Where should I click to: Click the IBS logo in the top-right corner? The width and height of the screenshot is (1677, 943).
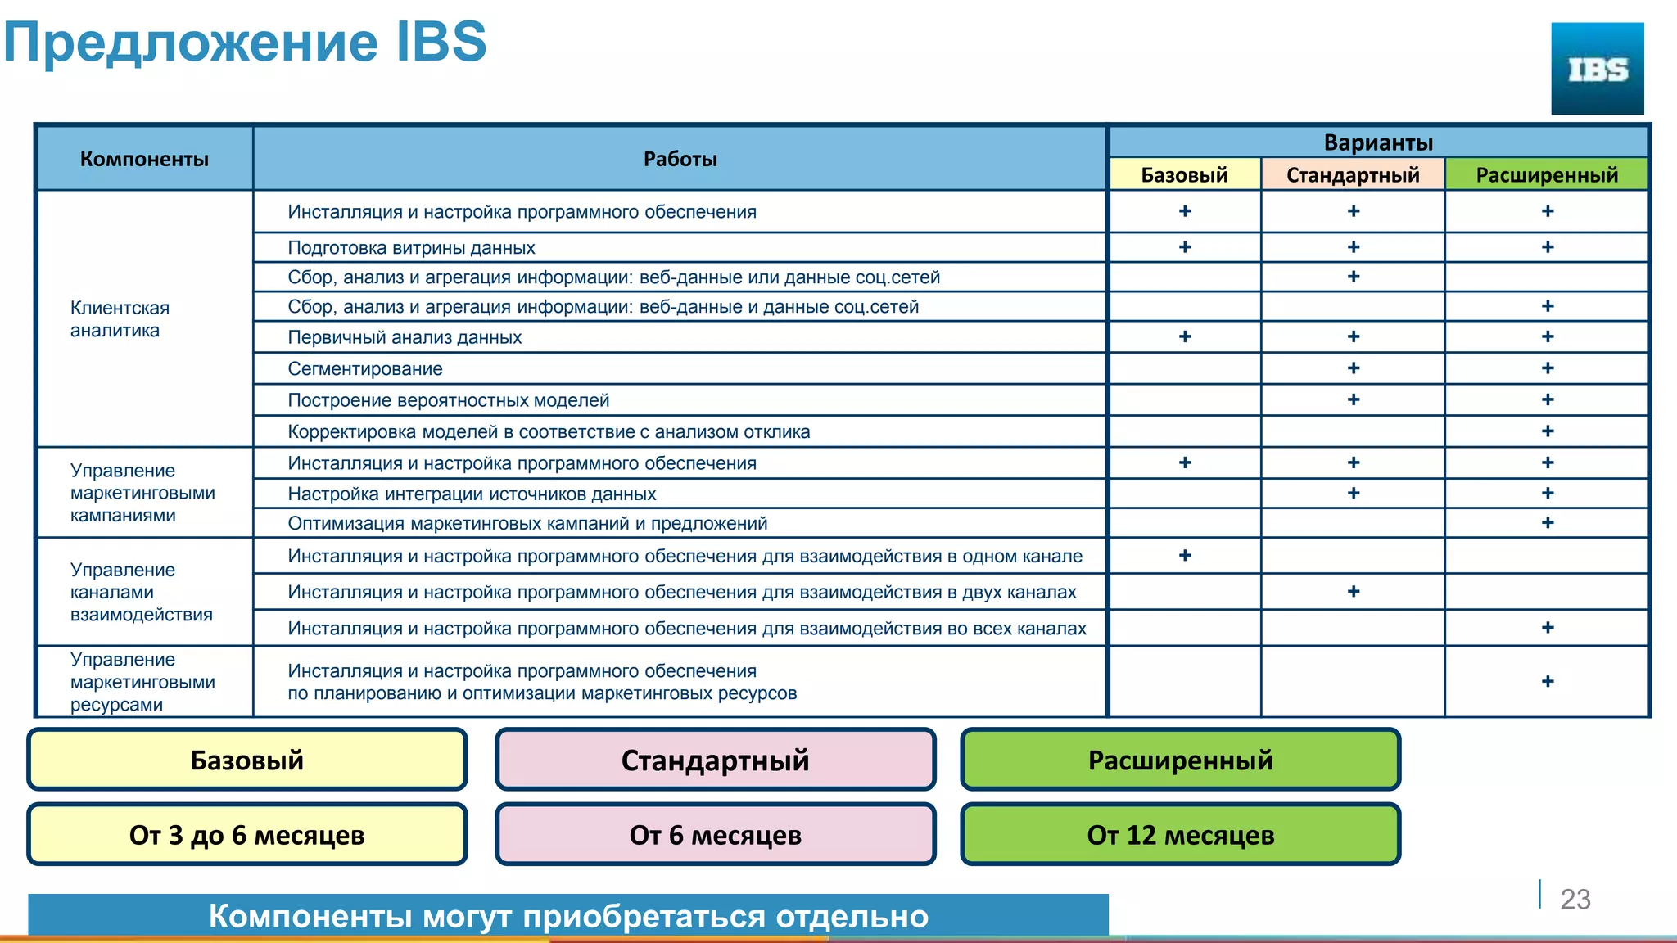coord(1597,69)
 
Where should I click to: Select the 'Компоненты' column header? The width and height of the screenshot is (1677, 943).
coord(144,159)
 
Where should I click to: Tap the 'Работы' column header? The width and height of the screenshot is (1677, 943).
coord(680,159)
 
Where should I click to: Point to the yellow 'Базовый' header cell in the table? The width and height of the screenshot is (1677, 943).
coord(1184,174)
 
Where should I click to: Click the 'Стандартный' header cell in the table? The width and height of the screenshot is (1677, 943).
coord(1353,174)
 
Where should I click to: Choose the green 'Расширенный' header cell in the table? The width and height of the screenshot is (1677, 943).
coord(1547,174)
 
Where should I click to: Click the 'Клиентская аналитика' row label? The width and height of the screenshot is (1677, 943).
coord(120,319)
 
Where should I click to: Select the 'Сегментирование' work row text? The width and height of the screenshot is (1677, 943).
coord(365,369)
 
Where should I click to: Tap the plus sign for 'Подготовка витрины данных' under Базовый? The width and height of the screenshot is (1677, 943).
coord(1185,247)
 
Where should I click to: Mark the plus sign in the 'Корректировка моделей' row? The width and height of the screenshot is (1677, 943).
coord(1548,431)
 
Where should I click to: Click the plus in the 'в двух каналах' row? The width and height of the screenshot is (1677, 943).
coord(1354,592)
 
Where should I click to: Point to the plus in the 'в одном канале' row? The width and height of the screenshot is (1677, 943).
coord(1185,556)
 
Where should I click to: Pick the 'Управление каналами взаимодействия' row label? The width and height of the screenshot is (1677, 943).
coord(141,592)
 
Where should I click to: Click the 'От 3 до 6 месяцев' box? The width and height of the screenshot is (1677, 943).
coord(246,835)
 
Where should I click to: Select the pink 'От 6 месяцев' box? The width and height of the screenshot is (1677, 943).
coord(715,835)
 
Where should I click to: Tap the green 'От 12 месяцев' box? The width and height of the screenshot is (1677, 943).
coord(1180,835)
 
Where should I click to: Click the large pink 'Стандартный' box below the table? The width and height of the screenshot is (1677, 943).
coord(715,760)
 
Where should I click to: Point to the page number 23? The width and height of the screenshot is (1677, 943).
coord(1575,899)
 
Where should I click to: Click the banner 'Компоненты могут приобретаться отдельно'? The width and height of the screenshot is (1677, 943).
coord(568,916)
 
